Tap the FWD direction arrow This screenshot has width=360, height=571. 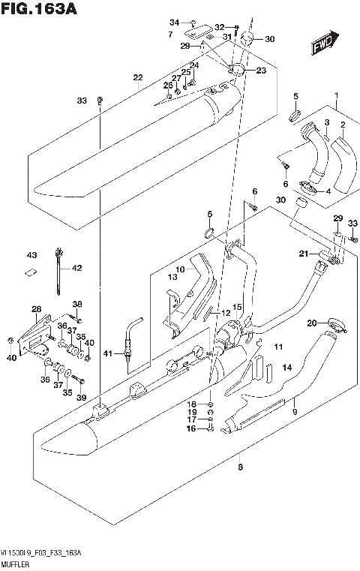coord(323,44)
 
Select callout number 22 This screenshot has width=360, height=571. coord(137,78)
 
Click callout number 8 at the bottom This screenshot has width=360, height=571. coord(240,467)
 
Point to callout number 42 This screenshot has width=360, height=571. coord(77,268)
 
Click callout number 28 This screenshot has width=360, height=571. coord(36,309)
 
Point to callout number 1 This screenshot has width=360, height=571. coord(337,95)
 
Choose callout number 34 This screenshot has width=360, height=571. coord(174,21)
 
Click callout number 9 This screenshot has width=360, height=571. coord(295,411)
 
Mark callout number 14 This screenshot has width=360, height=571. coord(286,367)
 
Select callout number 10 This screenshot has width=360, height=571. coord(180,269)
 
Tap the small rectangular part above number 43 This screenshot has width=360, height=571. coord(31,272)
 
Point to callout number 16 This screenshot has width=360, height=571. coord(191,428)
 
